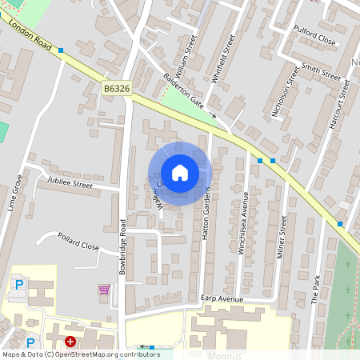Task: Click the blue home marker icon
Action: (179, 173)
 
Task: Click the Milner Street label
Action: (282, 231)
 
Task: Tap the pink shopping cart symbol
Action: (103, 289)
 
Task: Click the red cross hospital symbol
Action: (70, 342)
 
